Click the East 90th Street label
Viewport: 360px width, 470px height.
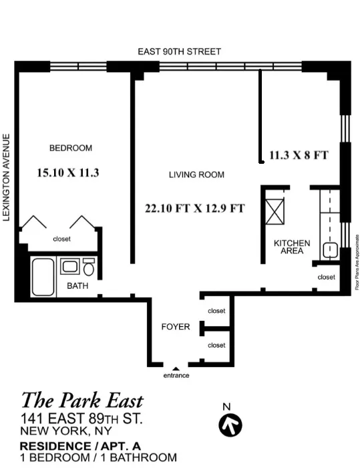pos(179,51)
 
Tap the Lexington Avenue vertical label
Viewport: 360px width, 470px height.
pos(7,177)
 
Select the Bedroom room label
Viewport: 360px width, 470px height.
pos(71,148)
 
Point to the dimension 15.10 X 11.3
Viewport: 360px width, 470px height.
pos(69,172)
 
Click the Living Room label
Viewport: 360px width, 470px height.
pos(196,174)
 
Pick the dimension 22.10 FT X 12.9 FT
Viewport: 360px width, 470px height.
pos(194,208)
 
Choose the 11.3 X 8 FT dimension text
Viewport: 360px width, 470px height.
pos(299,155)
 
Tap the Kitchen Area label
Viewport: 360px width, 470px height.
pos(292,246)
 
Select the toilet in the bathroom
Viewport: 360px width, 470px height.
pos(88,268)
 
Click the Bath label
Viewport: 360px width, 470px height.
pos(77,285)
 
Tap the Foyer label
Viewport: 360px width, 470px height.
pos(176,327)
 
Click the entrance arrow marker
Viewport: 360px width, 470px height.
pos(176,368)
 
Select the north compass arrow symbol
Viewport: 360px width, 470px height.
pos(230,423)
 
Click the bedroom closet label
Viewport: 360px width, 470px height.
pos(61,239)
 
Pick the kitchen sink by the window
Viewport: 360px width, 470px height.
pos(329,251)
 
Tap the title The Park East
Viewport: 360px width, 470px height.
pos(82,400)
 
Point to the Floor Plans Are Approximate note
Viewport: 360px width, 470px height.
pos(357,261)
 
